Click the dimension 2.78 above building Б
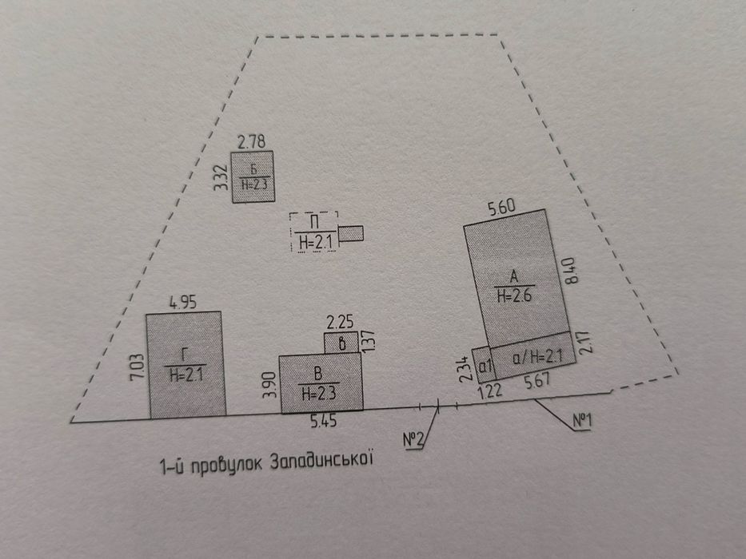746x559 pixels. pos(251,141)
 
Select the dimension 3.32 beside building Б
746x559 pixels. pos(220,177)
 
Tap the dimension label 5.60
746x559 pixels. pos(502,208)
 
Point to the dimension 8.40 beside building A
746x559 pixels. pos(571,270)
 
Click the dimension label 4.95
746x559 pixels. pos(182,303)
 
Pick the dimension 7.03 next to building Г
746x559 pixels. pos(137,366)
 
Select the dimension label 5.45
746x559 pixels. pos(324,421)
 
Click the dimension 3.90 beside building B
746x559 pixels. pos(269,385)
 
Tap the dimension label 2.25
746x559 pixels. pos(340,323)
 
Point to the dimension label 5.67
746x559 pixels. pos(537,381)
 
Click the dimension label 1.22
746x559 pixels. pos(489,391)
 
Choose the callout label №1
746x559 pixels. pos(581,421)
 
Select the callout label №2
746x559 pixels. pos(413,440)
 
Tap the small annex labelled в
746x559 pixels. pos(341,343)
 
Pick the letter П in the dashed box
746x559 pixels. pos(314,222)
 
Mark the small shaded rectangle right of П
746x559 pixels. pos(351,233)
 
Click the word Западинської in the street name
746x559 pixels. pos(321,461)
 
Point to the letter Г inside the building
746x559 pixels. pos(185,355)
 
